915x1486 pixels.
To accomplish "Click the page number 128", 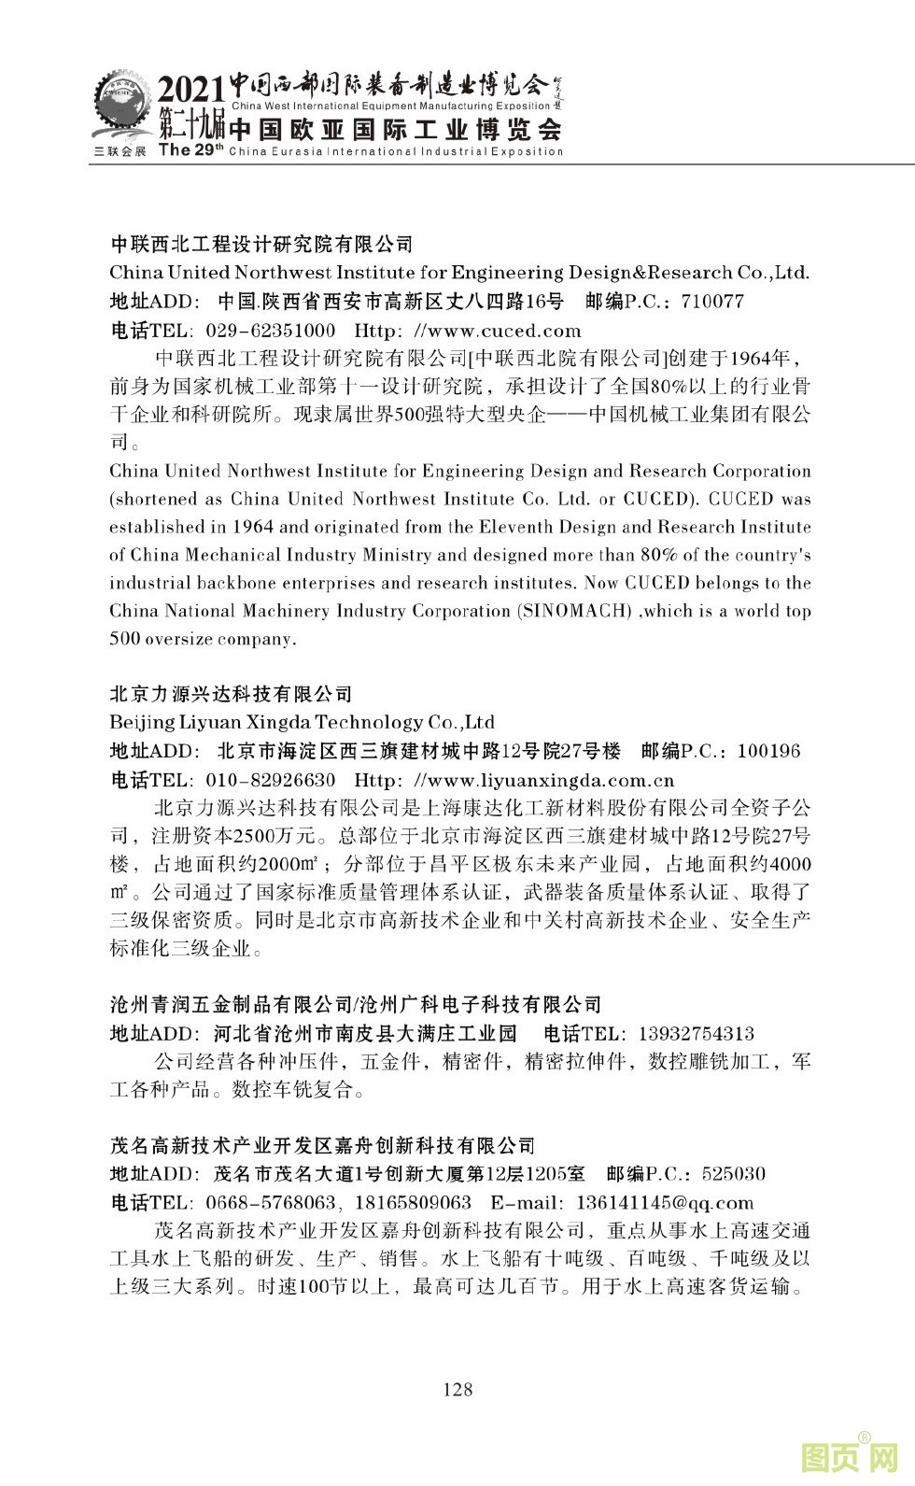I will coord(457,1389).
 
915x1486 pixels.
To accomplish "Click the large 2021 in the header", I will coord(190,91).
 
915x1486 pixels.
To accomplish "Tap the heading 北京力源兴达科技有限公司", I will coord(232,694).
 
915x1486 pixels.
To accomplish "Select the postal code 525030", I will coord(733,1174).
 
